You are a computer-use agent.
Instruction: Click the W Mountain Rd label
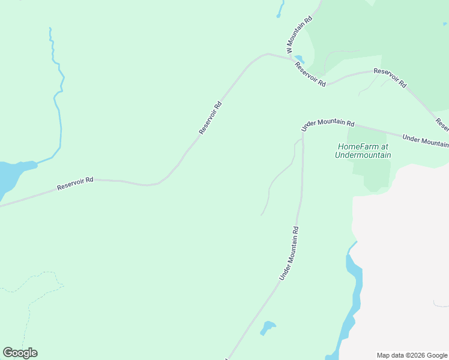[x=300, y=35]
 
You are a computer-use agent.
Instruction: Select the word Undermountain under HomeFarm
[x=363, y=155]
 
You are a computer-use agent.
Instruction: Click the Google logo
[x=20, y=353]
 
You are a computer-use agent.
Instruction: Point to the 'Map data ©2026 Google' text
[x=412, y=355]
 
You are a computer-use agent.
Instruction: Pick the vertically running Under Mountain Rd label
[x=289, y=253]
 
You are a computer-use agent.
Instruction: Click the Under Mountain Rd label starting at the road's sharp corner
[x=328, y=124]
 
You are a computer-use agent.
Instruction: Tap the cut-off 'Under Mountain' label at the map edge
[x=426, y=140]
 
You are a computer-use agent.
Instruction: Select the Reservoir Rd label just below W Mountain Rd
[x=310, y=74]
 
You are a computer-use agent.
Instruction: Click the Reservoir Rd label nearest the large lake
[x=76, y=184]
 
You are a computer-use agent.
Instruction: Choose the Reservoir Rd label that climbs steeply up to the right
[x=211, y=118]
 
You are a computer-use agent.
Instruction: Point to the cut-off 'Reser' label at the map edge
[x=442, y=124]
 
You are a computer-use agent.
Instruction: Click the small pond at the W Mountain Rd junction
[x=299, y=59]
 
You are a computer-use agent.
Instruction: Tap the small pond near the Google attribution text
[x=267, y=328]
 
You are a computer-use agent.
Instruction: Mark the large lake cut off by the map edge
[x=8, y=177]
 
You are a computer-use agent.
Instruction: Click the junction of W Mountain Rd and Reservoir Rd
[x=291, y=58]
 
